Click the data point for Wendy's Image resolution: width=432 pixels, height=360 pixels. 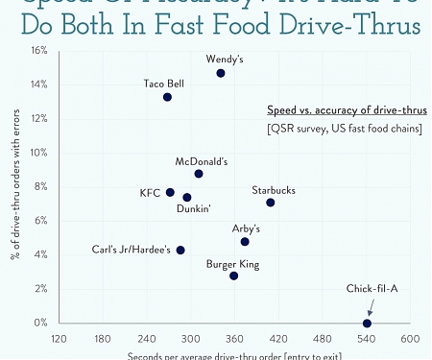point(221,73)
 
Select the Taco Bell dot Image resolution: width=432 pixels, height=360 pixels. point(167,97)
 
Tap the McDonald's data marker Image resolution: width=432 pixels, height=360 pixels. point(199,174)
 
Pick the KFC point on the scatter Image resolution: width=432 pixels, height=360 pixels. point(170,192)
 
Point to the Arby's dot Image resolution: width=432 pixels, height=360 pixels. point(245,242)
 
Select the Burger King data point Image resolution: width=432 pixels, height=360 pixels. point(234,276)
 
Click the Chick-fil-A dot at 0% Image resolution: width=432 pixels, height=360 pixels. point(368,324)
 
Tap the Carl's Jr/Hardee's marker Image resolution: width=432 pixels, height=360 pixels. point(180,251)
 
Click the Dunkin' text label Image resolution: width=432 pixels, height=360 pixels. point(194,208)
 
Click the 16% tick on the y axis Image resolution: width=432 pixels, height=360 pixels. point(39,50)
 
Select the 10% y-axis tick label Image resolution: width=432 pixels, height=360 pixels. point(39,153)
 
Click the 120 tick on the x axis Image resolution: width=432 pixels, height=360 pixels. point(59,339)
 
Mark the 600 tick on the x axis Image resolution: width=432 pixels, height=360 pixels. point(410,339)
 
